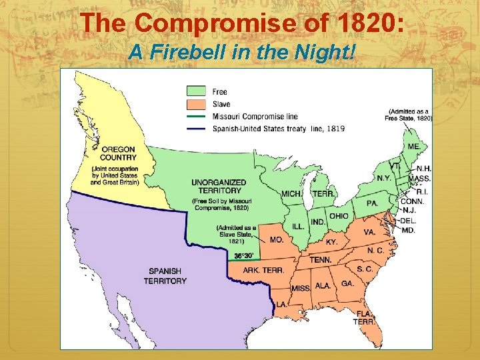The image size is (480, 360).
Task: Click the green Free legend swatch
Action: (197, 91)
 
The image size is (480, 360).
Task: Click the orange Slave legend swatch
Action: (197, 103)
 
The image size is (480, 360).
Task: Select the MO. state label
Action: (276, 239)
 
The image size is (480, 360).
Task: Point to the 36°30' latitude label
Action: (243, 256)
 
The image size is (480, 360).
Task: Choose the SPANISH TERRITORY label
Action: (165, 276)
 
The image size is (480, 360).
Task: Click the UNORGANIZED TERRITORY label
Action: (218, 186)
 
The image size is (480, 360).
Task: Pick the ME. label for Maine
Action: (413, 146)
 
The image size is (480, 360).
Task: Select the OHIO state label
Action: (339, 216)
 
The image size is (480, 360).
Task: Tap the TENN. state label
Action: (321, 259)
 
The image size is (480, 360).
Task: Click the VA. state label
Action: (369, 232)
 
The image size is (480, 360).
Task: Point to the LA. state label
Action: (282, 304)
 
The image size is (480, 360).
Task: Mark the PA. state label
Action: (372, 203)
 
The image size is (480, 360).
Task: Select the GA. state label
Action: (347, 283)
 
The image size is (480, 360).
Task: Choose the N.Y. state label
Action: (383, 178)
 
